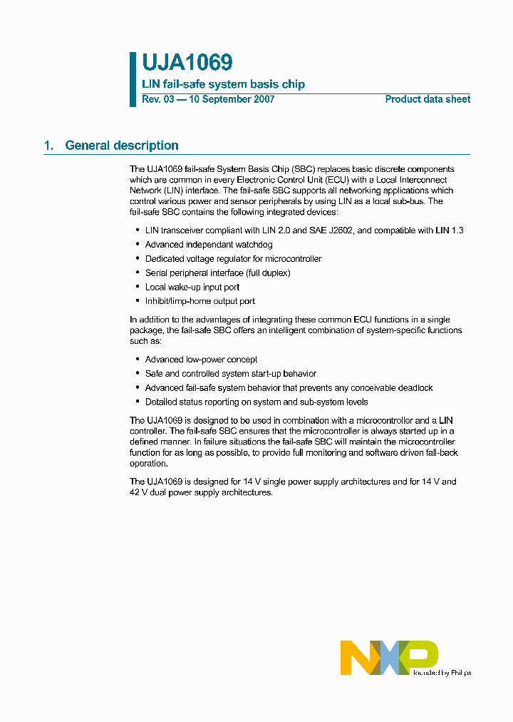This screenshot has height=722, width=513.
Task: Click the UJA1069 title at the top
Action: pos(187,63)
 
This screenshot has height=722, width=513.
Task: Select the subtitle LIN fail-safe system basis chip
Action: pos(223,84)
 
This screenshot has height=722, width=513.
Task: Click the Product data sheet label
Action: pos(427,99)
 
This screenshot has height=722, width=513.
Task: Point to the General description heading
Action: pos(122,146)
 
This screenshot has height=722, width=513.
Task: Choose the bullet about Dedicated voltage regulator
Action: pos(233,259)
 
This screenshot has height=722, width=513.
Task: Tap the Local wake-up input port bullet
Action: pos(192,287)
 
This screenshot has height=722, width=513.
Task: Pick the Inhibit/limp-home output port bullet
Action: pos(199,301)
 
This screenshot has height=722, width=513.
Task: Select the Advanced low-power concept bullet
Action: pos(201,360)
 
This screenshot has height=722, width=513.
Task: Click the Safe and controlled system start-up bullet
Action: pos(230,374)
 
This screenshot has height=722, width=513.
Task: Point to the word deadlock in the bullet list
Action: pos(415,388)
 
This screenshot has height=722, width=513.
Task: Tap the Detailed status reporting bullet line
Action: pos(256,402)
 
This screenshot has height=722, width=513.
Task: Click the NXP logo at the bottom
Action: pos(388,657)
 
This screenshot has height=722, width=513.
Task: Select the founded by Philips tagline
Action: pos(442,672)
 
